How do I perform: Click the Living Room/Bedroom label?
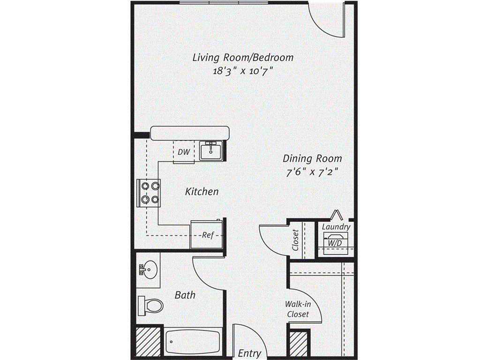coord(243,58)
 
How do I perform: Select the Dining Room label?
coord(313,158)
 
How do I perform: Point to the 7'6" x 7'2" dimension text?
coord(312,172)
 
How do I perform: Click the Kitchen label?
coord(202,192)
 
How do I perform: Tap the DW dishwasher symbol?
coord(184,152)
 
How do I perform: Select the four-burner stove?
coord(149,193)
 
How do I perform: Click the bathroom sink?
coord(149,270)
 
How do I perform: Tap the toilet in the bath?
coord(150,306)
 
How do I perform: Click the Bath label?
coord(185,295)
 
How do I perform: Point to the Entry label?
coord(249,353)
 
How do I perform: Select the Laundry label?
coord(336,227)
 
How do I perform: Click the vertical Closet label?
coord(295,240)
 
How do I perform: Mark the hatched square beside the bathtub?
coord(147,341)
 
